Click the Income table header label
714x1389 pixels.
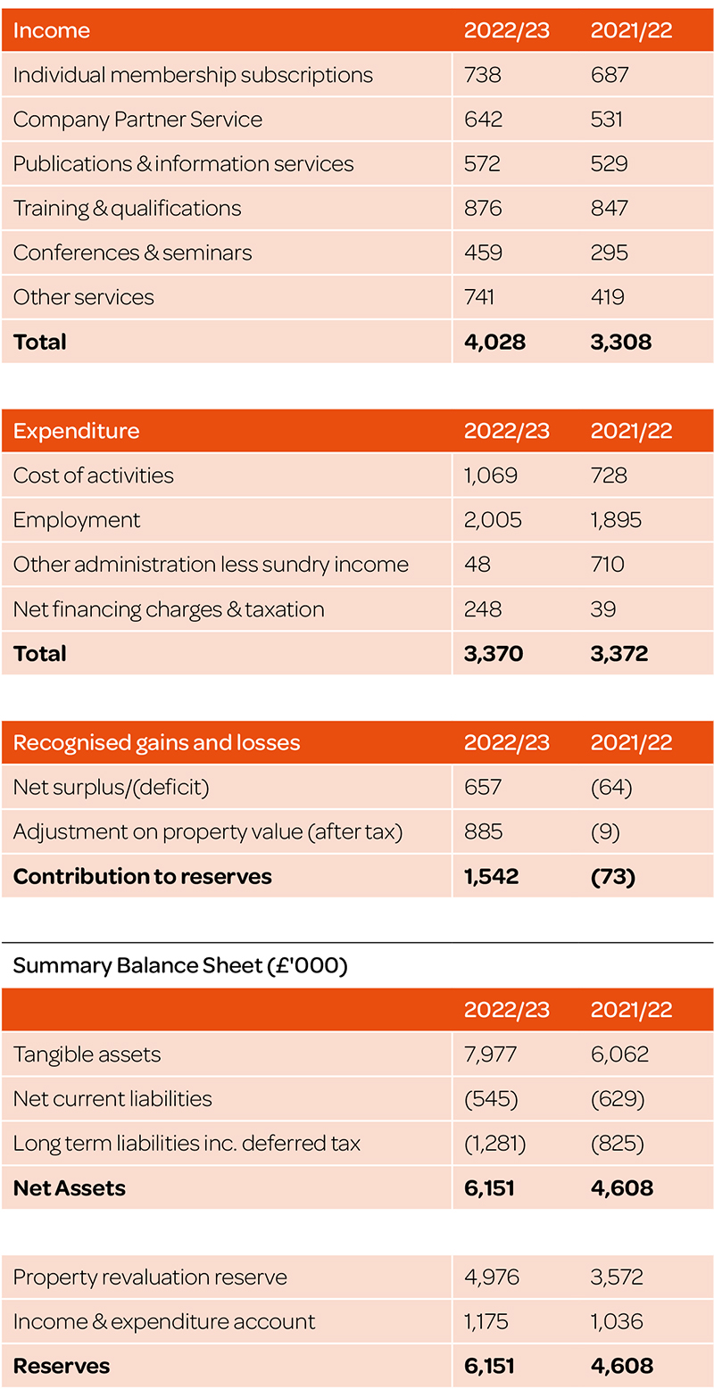52,30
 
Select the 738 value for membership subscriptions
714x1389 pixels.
482,75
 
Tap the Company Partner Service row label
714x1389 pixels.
137,119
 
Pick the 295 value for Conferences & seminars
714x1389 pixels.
609,252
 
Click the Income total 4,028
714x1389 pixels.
494,342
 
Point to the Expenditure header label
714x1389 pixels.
76,430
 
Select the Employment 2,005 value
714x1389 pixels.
493,519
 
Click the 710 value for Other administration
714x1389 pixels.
607,565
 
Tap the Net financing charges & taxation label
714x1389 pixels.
169,609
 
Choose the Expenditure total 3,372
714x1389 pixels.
619,654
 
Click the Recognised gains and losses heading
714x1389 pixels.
156,742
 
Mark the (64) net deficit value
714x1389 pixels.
611,787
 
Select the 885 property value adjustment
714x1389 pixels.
483,831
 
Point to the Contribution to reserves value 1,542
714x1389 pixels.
491,876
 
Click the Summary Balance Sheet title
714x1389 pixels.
180,965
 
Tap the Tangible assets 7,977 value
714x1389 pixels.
490,1054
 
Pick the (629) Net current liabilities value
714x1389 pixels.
618,1099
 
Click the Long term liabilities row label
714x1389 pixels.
187,1144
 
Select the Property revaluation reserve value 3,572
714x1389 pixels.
617,1277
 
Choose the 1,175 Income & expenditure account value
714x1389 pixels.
486,1321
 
